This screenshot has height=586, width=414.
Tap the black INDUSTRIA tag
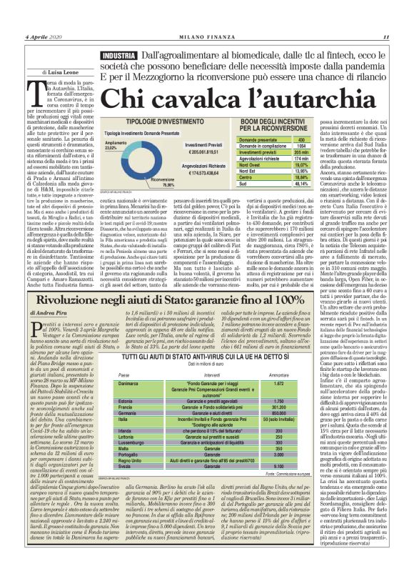tap(118, 55)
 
